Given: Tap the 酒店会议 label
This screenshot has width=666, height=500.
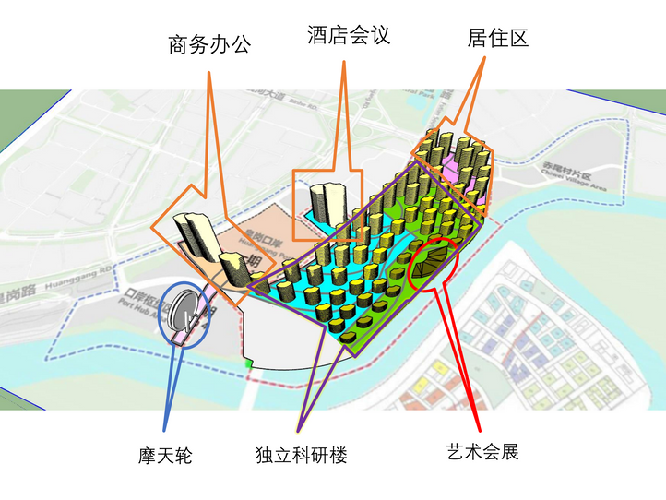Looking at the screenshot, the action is [x=349, y=35].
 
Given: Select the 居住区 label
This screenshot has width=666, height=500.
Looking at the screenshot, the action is [x=497, y=38].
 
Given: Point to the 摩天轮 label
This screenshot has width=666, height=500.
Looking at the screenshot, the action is [x=165, y=455].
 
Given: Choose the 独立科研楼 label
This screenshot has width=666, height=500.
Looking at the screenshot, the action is [x=301, y=455].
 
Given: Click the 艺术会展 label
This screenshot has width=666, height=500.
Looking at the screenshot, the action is [x=482, y=452].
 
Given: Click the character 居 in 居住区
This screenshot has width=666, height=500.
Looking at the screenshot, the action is [x=478, y=38].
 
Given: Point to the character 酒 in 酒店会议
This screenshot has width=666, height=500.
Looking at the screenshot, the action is [x=318, y=35].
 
